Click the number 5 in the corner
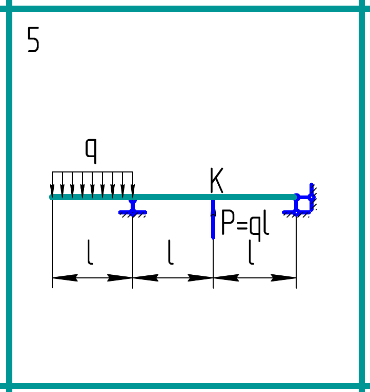[x=33, y=40]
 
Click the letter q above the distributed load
[x=91, y=150]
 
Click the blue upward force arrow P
[x=213, y=220]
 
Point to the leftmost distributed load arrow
[x=52, y=184]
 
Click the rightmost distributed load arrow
[x=133, y=184]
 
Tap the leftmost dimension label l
[x=90, y=253]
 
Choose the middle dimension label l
[x=171, y=253]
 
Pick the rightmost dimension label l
[x=251, y=253]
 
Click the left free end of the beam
[x=52, y=197]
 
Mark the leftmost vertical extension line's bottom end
[x=52, y=287]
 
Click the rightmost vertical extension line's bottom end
[x=296, y=287]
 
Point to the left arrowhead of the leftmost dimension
[x=64, y=278]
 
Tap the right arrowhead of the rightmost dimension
[x=284, y=278]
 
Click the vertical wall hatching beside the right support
[x=314, y=197]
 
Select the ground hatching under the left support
[x=133, y=215]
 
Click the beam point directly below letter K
[x=213, y=197]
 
